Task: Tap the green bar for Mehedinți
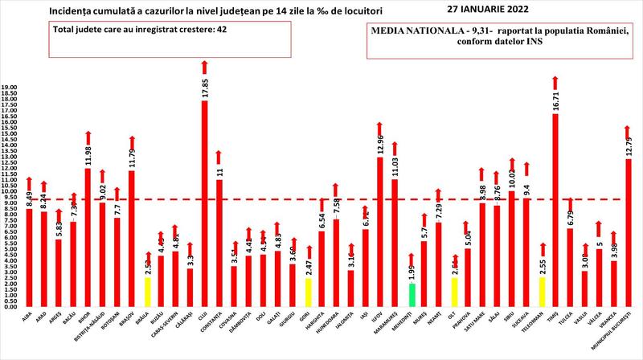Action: coord(412,295)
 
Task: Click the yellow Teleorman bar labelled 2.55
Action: coord(542,292)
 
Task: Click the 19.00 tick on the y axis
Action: coord(9,86)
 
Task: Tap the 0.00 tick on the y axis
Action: coord(9,306)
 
